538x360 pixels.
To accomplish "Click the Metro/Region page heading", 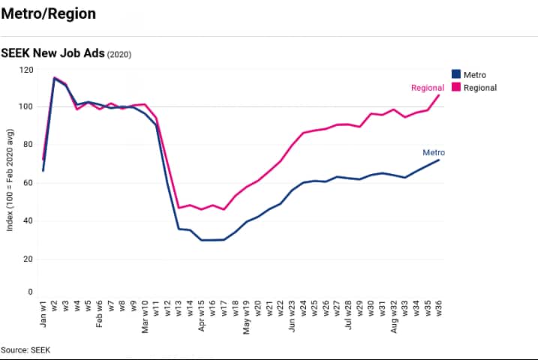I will coord(48,14).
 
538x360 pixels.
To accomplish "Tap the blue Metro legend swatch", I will coord(455,74).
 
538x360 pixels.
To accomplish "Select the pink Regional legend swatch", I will coord(455,87).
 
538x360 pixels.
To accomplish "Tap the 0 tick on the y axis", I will coord(31,292).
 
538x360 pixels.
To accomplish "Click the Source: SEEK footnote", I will coord(26,349).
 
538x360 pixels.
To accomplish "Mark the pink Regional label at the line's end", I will coord(428,88).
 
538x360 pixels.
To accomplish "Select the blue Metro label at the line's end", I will coord(434,152).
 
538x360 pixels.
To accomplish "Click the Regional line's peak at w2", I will coord(55,77).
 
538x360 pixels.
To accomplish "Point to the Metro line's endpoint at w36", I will coord(439,160).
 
